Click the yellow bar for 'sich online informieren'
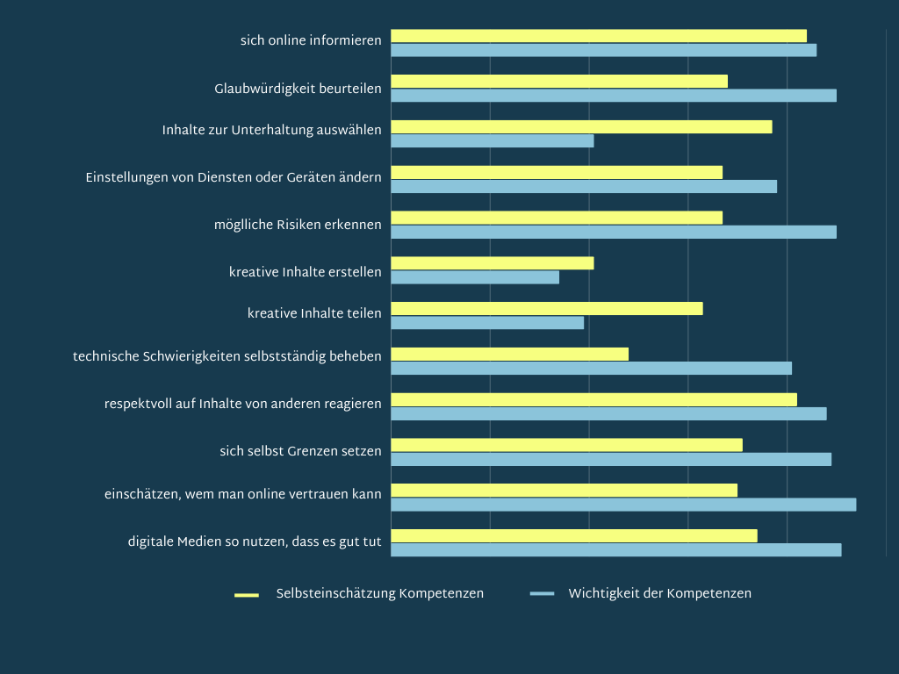[598, 36]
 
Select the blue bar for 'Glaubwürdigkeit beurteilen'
[613, 96]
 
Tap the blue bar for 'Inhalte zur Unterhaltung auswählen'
[492, 141]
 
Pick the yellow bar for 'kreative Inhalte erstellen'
[492, 263]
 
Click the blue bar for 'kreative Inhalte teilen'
[486, 323]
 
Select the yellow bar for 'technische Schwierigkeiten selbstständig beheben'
[509, 355]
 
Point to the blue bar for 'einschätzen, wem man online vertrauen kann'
[622, 505]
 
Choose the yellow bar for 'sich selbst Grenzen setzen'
[566, 445]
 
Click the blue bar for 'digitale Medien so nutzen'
[615, 550]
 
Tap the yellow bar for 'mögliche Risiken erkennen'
[556, 218]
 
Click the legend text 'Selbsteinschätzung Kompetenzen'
[379, 594]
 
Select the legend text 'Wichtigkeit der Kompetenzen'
[659, 594]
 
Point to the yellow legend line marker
[247, 595]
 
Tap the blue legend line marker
[542, 594]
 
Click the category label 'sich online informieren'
[311, 40]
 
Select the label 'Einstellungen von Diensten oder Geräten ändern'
[234, 177]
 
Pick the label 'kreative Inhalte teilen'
[314, 313]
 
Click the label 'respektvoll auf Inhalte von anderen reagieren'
[242, 404]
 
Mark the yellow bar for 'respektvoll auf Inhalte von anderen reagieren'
[593, 400]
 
